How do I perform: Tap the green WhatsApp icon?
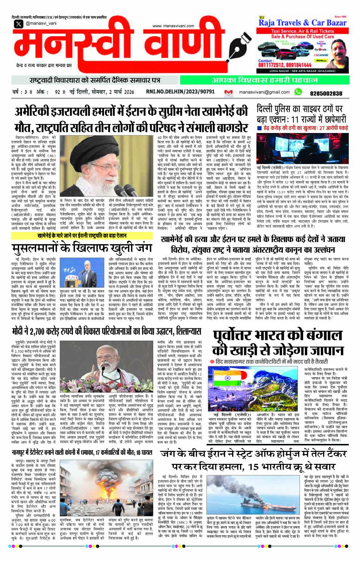(298, 92)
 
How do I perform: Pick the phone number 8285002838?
(326, 93)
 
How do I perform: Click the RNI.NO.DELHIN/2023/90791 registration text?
(180, 92)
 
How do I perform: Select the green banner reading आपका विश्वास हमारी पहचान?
(264, 80)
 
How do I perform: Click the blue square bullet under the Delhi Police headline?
(259, 128)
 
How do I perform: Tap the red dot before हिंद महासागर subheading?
(212, 362)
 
